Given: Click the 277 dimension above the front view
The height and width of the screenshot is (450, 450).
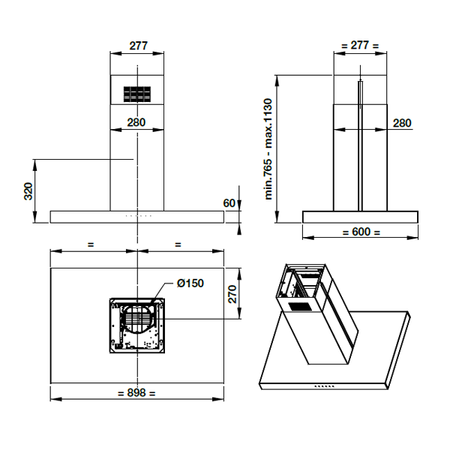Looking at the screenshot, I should (x=137, y=45).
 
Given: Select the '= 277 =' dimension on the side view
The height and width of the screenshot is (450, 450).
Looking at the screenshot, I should (x=360, y=45).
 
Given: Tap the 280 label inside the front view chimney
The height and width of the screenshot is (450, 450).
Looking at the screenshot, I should (x=136, y=122).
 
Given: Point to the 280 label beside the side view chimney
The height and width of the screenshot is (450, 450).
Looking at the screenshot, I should (x=402, y=123).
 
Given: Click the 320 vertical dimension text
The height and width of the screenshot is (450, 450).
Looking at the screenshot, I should (x=28, y=191).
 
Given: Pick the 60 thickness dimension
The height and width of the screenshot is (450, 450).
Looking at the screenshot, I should (x=229, y=202).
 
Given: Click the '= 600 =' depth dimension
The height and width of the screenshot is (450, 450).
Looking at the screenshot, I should (x=360, y=232).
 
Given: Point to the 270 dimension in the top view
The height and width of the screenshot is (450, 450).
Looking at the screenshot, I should (x=233, y=293).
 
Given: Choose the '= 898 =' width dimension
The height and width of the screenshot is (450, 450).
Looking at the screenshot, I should (x=136, y=393).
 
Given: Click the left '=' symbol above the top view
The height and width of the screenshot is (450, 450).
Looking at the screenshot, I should (x=91, y=244).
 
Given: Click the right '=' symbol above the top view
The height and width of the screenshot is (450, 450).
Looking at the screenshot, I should (x=178, y=244).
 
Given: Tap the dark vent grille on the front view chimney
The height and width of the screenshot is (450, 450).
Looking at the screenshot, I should (x=136, y=94).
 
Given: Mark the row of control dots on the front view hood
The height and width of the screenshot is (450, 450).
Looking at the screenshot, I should (x=136, y=216).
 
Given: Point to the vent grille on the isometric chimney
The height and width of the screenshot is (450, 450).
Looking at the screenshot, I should (x=298, y=307).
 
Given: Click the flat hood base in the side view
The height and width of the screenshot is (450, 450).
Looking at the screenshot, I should (x=360, y=217).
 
